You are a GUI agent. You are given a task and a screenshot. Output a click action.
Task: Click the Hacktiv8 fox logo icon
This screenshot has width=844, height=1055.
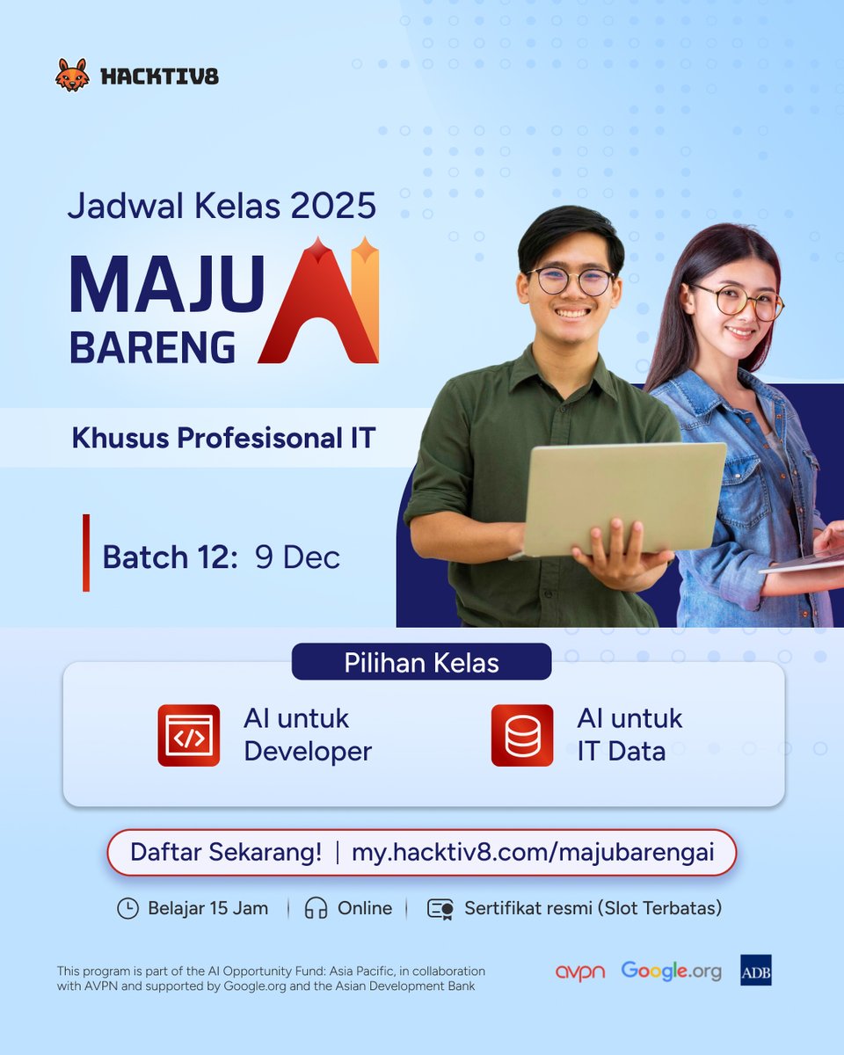point(72,76)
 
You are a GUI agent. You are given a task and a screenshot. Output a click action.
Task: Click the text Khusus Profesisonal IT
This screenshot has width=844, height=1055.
point(223,437)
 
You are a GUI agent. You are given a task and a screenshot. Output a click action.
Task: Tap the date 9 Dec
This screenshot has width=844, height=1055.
point(297,557)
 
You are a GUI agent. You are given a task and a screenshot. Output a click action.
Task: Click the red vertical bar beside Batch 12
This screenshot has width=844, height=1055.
point(86,553)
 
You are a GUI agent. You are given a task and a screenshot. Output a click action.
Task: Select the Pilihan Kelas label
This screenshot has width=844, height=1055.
point(421,662)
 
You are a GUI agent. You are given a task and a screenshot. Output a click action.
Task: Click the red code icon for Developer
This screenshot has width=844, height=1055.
point(189,735)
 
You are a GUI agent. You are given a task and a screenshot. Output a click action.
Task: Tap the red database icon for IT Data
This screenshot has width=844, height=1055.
point(522,735)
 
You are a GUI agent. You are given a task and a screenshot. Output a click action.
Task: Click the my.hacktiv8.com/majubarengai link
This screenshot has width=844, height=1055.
point(533,852)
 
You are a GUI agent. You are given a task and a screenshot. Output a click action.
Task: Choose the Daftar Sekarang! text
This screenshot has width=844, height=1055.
point(226,852)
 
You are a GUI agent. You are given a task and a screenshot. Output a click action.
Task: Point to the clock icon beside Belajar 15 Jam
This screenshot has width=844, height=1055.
point(127,908)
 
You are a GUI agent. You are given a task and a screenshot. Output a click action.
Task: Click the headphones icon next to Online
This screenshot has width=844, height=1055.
point(316,908)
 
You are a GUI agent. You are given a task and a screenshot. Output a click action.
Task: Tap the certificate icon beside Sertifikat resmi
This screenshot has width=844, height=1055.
point(440,908)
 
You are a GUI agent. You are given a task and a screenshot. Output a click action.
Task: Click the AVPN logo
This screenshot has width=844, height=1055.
point(580,972)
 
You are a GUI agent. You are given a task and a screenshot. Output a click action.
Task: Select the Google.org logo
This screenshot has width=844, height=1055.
point(671,971)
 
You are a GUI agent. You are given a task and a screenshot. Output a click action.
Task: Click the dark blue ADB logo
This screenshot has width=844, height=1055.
point(755,970)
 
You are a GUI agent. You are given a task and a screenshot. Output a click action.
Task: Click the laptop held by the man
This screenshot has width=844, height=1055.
point(624,497)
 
